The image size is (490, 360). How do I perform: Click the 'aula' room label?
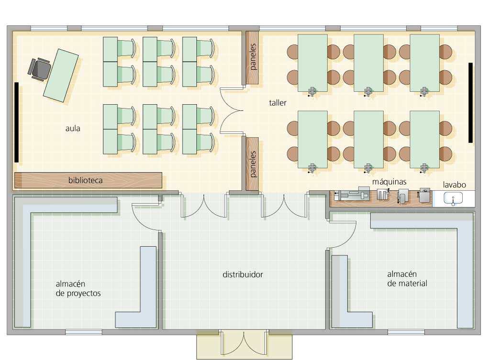[73, 128]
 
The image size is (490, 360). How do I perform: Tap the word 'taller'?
[278, 103]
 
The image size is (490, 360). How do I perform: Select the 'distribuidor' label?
[243, 274]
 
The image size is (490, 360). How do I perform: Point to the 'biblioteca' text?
[85, 180]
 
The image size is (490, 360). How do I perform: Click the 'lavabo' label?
[454, 185]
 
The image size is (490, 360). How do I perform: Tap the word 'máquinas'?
[389, 182]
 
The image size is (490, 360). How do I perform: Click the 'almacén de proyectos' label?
[78, 288]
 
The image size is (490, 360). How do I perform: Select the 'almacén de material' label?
[407, 279]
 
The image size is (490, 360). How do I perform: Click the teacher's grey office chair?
[39, 69]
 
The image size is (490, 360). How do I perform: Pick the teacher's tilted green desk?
[61, 76]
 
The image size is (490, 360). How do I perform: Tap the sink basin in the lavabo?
[453, 198]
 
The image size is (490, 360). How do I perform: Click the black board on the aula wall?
[17, 122]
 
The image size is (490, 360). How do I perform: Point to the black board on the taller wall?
[470, 103]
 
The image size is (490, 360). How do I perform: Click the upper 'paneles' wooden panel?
[252, 57]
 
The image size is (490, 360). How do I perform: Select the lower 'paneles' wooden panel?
[252, 164]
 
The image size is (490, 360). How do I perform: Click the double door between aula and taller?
[231, 110]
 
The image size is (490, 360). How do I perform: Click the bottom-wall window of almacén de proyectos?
[84, 332]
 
